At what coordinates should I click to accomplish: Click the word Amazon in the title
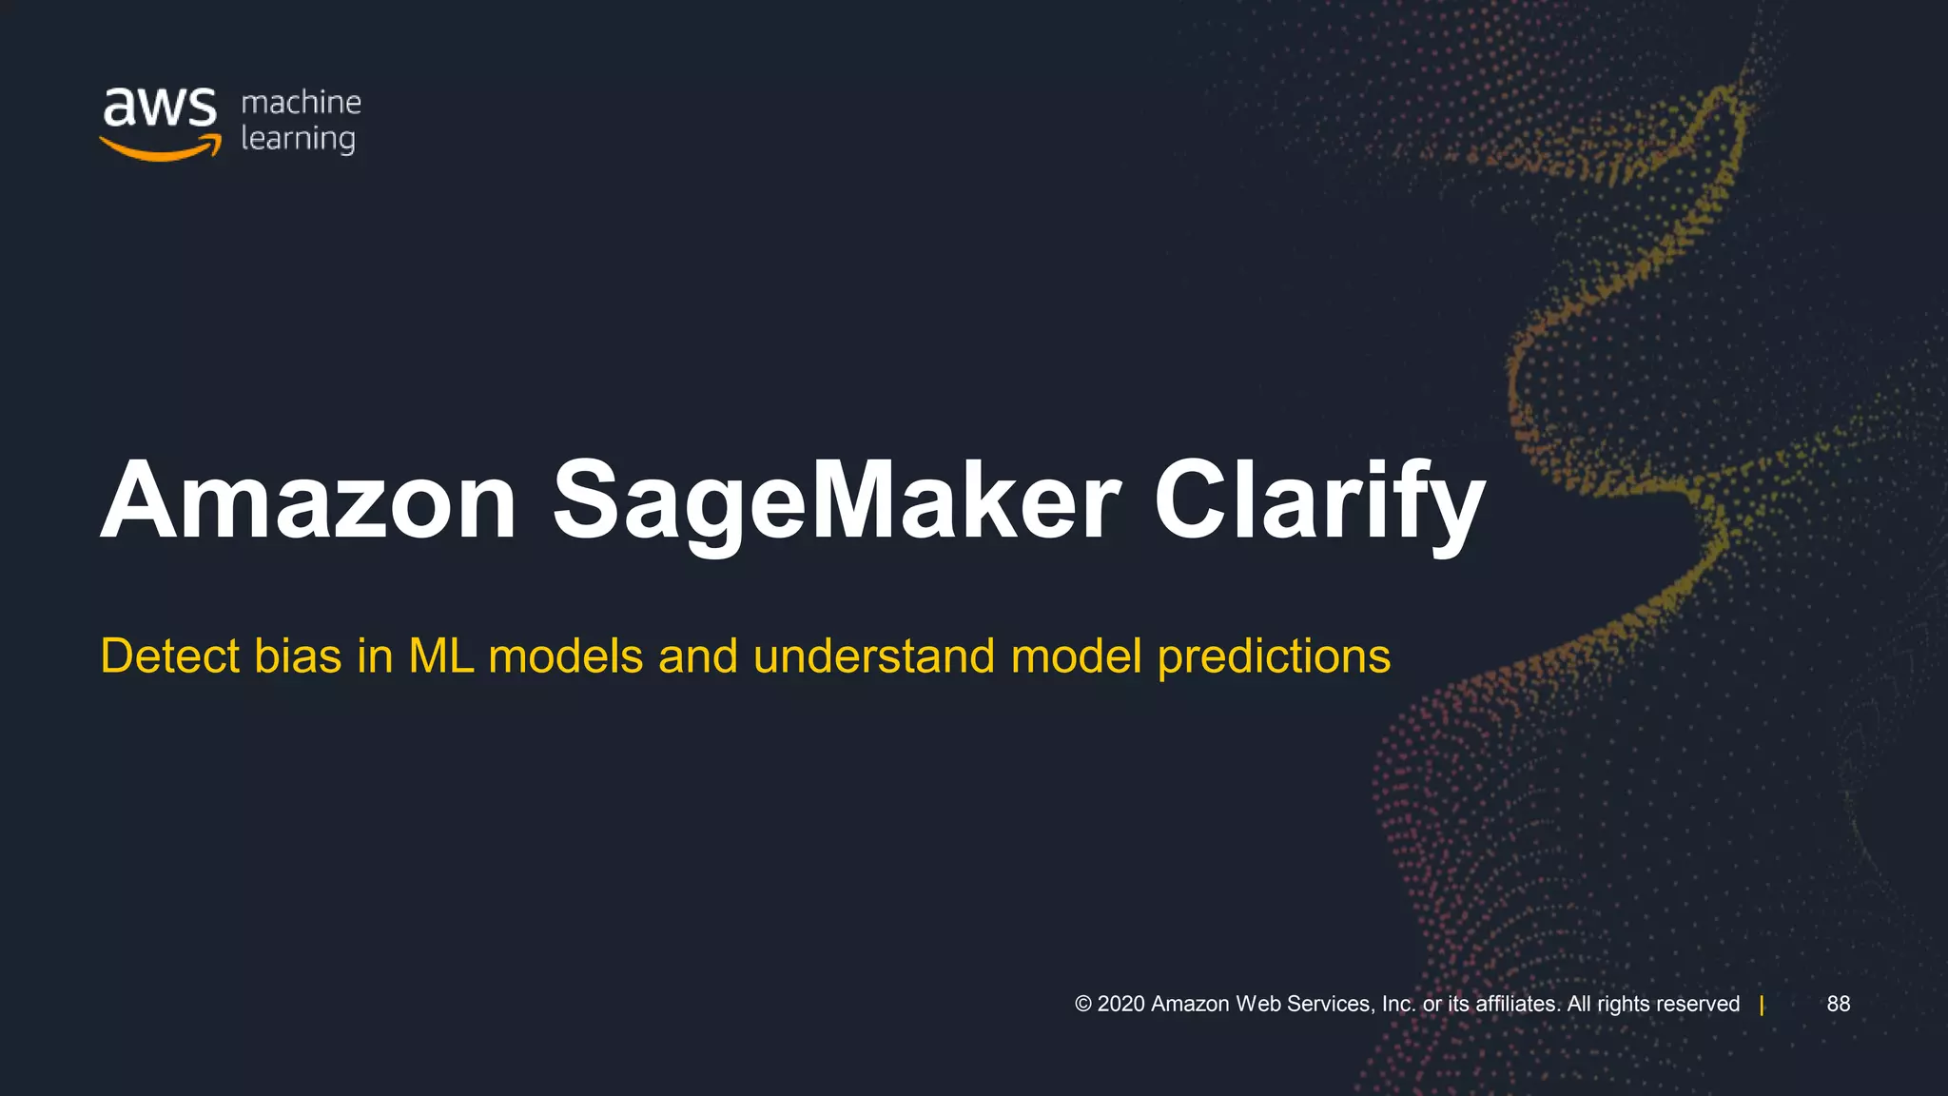point(308,501)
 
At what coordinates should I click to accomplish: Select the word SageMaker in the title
point(836,501)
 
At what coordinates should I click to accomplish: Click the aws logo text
point(160,107)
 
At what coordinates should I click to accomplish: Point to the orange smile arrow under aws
point(160,148)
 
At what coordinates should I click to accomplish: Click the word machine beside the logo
point(301,102)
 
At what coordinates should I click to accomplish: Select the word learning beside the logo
point(298,139)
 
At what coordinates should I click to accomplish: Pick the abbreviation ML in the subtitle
point(440,656)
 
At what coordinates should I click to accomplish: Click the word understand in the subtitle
point(873,656)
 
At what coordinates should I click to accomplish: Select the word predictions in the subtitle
point(1274,656)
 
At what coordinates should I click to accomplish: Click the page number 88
point(1838,1004)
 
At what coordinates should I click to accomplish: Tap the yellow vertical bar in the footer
point(1762,1006)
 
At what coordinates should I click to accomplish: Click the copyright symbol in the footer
point(1082,1004)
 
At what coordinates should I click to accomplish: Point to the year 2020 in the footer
point(1121,1004)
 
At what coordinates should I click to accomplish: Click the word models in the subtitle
point(565,656)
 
